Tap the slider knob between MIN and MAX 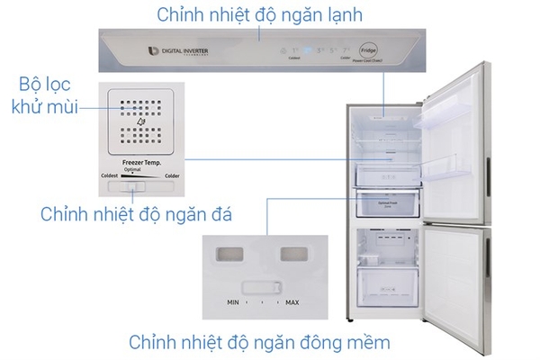coord(262,290)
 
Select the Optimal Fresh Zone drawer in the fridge coord(391,203)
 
